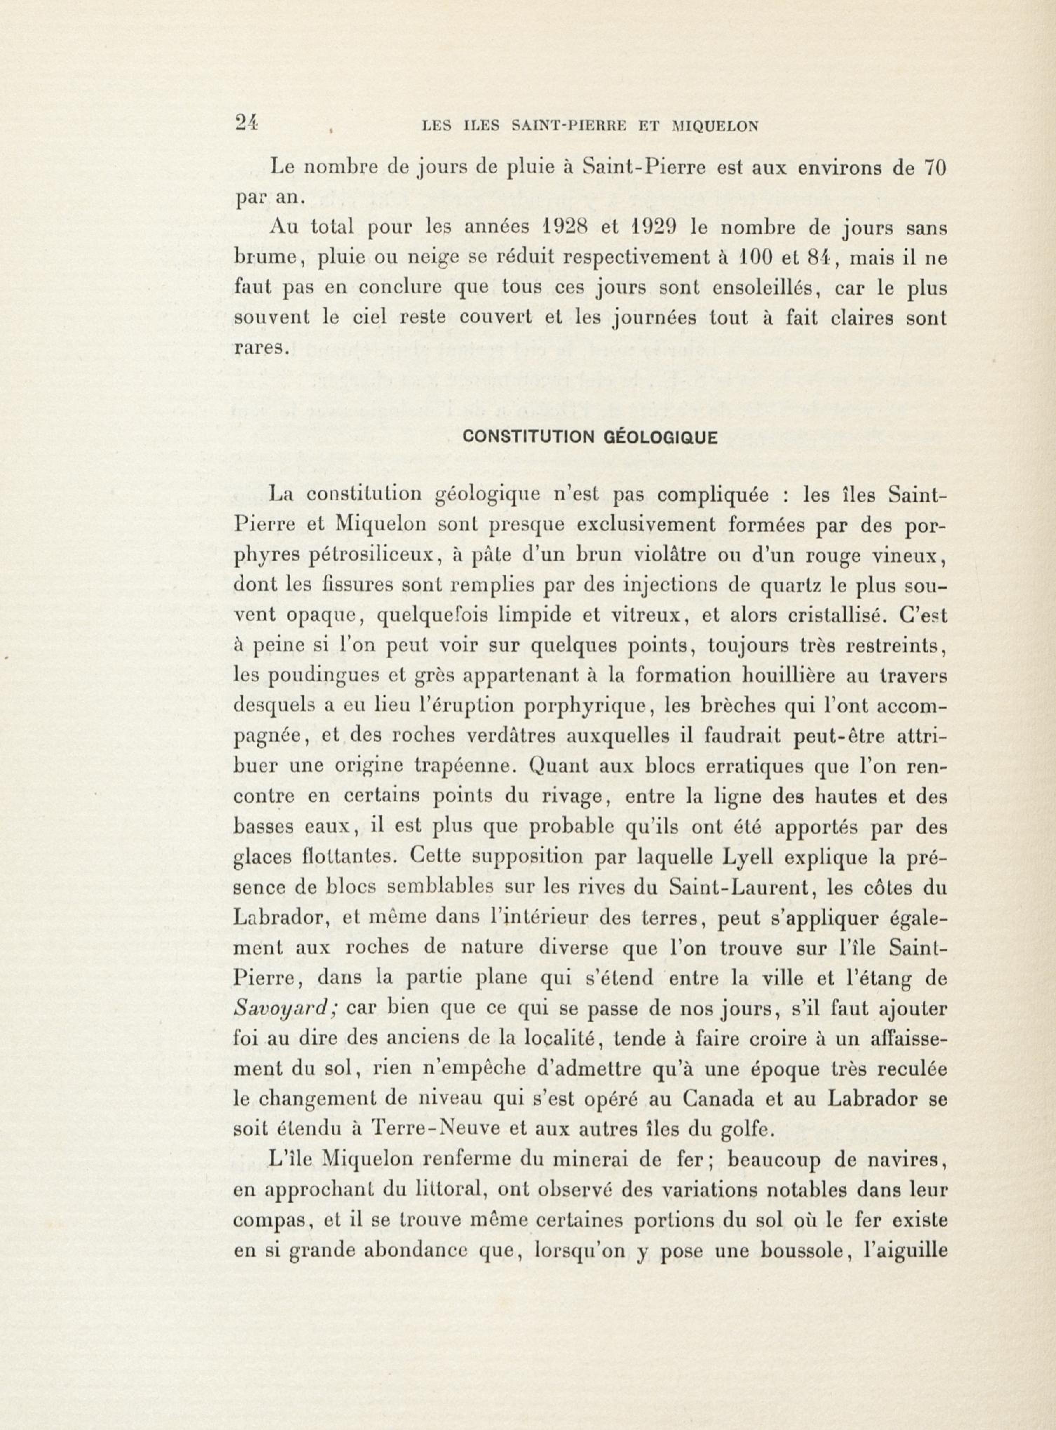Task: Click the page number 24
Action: tap(245, 123)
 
